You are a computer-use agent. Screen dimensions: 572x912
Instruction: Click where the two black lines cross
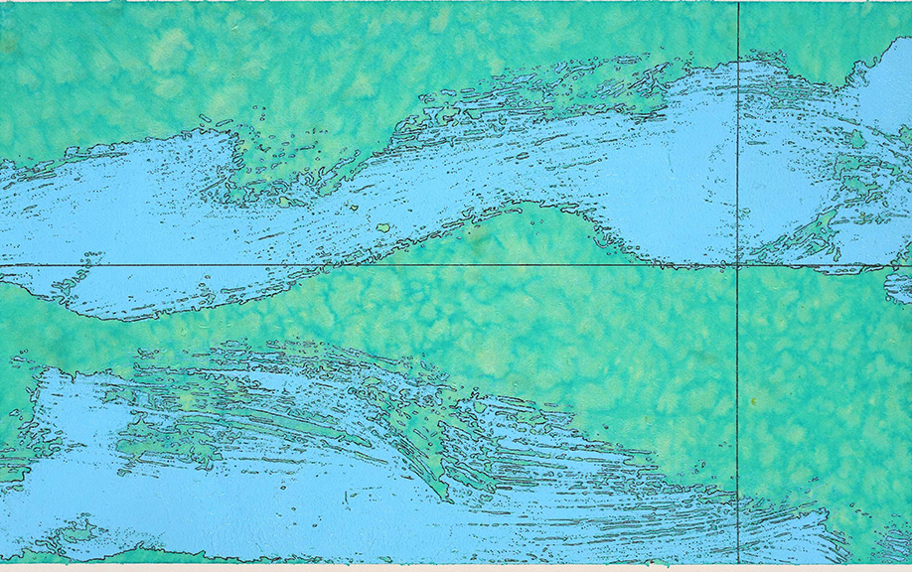tap(738, 265)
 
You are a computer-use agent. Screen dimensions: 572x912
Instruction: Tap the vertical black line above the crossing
tap(738, 119)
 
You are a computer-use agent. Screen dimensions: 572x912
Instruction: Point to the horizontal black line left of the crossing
tap(298, 265)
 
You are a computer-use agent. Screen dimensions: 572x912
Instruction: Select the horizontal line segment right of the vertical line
tap(825, 265)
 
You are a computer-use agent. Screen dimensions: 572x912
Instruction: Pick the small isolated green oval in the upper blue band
tap(382, 227)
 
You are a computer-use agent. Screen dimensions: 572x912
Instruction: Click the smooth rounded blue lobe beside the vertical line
tap(676, 199)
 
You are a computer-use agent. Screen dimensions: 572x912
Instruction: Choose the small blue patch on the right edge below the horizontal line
tap(899, 288)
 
